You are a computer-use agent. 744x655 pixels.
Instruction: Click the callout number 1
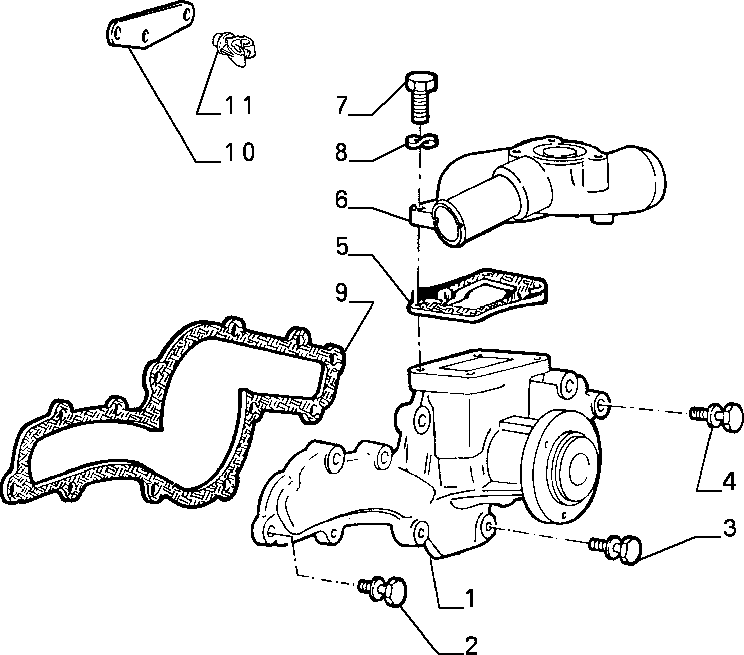point(469,598)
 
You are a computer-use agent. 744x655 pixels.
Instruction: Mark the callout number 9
point(341,293)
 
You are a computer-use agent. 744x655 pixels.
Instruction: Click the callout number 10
point(241,152)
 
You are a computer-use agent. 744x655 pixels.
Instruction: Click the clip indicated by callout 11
point(235,50)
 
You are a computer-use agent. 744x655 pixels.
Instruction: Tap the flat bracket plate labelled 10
point(150,29)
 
